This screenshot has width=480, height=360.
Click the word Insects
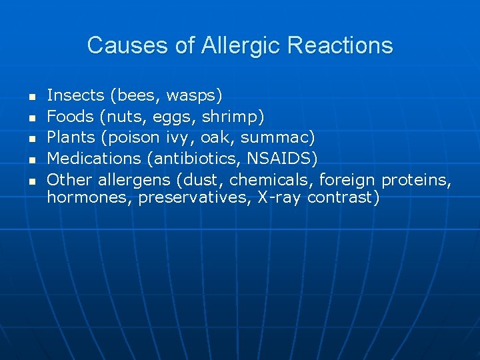point(75,95)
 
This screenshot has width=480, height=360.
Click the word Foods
point(70,117)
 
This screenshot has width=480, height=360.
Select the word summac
point(275,137)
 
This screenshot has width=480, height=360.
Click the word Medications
point(91,158)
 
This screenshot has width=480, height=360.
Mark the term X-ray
point(279,198)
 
